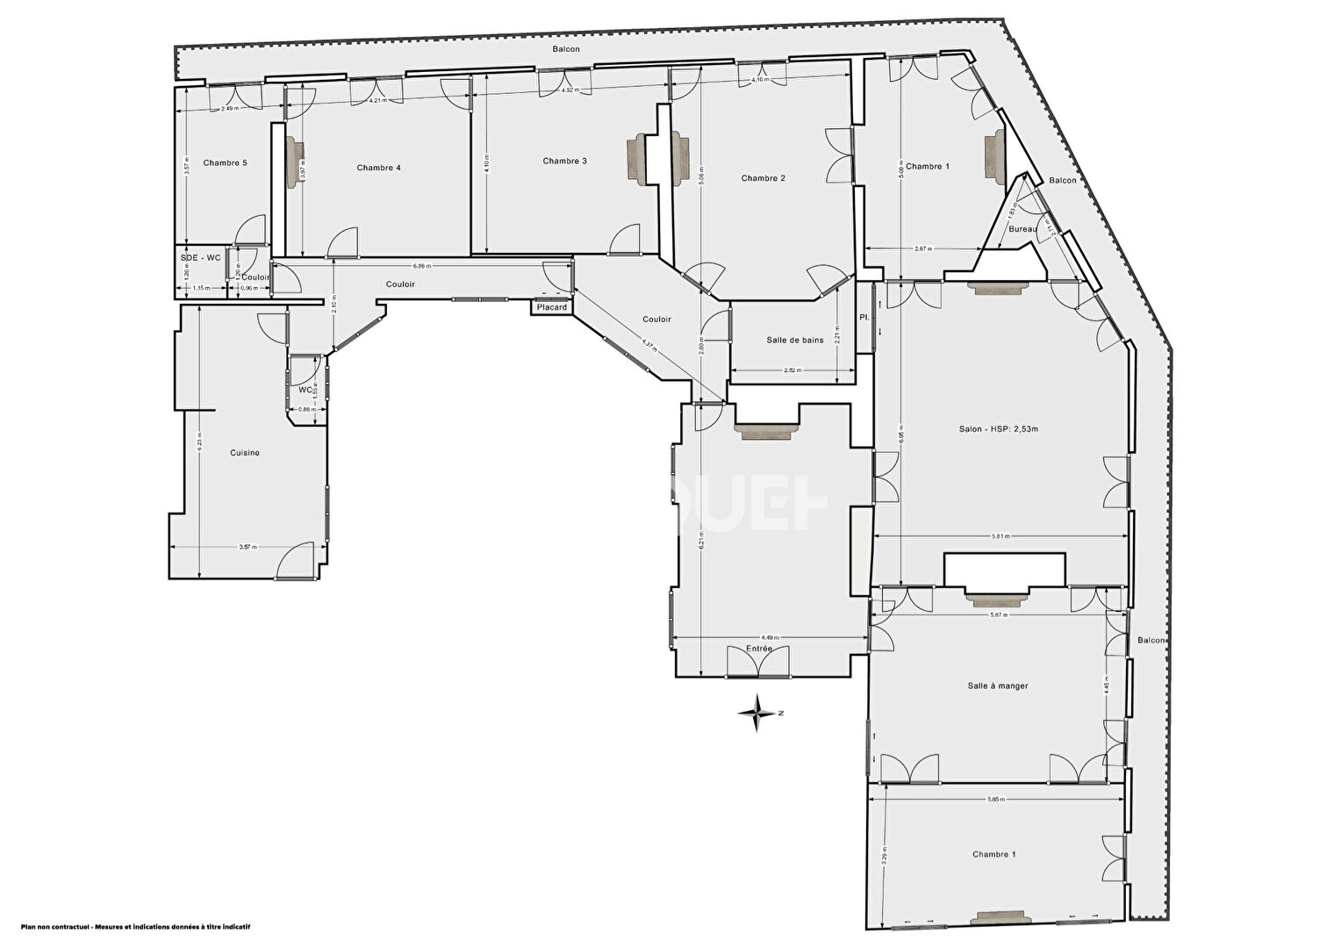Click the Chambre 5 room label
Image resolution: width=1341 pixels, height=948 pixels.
point(225,162)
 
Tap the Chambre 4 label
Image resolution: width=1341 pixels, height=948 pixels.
point(378,168)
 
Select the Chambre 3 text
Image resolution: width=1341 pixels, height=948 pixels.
point(564,161)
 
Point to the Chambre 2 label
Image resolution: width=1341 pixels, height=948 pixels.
point(763,178)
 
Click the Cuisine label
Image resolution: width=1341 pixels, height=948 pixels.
point(245,453)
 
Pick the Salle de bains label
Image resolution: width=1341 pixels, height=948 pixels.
point(794,340)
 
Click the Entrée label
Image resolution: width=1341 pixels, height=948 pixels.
point(759,649)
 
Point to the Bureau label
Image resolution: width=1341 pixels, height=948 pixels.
point(1022,229)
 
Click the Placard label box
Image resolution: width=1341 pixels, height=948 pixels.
point(552,307)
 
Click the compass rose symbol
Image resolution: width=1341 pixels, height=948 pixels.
point(757,713)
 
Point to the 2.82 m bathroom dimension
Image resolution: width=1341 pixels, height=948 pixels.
point(792,370)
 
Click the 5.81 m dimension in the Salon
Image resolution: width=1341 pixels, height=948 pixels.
point(1000,536)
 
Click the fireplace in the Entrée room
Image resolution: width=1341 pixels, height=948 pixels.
point(766,431)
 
